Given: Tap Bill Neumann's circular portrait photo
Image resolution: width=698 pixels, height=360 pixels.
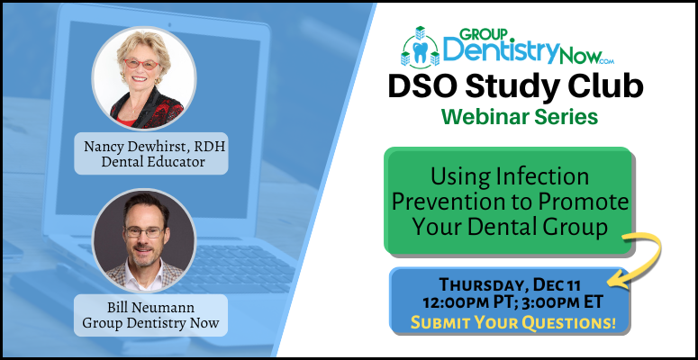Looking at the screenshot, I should [x=144, y=239].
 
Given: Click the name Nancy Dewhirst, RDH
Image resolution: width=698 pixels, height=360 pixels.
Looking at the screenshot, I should [x=150, y=148].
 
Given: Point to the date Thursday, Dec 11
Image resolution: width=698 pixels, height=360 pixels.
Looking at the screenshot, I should [x=511, y=284].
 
